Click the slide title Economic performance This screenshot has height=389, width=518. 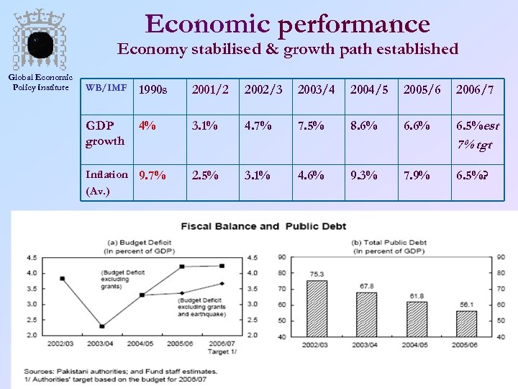point(288,23)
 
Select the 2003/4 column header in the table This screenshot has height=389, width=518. point(312,89)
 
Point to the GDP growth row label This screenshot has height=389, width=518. point(105,133)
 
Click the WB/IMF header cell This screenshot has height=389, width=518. point(106,88)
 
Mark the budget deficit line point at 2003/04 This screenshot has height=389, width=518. point(102,326)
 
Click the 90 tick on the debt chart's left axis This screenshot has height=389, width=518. point(281,257)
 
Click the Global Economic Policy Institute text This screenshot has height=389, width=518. point(40,83)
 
